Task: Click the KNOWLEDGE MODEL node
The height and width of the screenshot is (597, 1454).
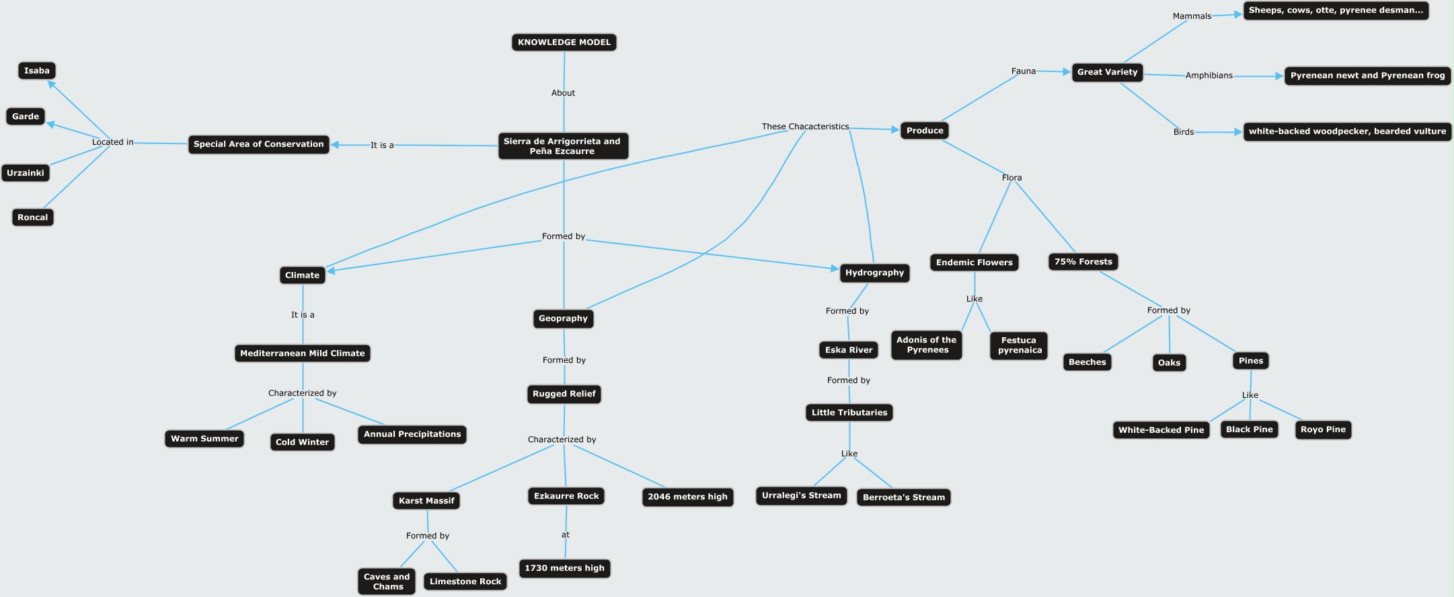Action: point(564,42)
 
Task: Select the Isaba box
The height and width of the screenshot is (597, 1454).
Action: point(37,71)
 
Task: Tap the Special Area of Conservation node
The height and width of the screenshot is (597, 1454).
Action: point(258,144)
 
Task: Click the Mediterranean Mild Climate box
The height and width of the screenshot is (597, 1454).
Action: point(302,353)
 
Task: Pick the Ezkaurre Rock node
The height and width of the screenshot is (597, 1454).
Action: point(566,496)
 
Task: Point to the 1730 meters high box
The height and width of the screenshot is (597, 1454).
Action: point(564,568)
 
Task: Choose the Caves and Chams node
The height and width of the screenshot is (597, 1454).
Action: point(387,582)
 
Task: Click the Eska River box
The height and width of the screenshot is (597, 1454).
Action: point(849,350)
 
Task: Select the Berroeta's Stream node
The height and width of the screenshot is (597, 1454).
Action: point(903,497)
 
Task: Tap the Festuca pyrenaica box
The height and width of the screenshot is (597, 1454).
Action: point(1019,345)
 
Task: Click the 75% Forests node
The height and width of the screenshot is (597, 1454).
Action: point(1083,262)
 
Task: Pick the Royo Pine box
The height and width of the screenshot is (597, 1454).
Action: point(1323,429)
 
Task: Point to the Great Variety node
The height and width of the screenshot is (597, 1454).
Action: point(1107,72)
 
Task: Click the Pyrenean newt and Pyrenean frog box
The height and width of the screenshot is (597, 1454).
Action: point(1367,75)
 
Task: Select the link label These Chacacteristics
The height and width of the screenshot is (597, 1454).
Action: point(805,127)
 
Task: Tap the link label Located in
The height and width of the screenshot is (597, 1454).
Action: point(112,142)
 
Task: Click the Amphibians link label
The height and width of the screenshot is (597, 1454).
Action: point(1209,75)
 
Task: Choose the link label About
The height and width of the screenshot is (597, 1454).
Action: point(563,93)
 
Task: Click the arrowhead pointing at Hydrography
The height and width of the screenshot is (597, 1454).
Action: point(835,269)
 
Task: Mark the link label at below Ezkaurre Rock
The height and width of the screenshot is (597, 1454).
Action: point(565,535)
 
